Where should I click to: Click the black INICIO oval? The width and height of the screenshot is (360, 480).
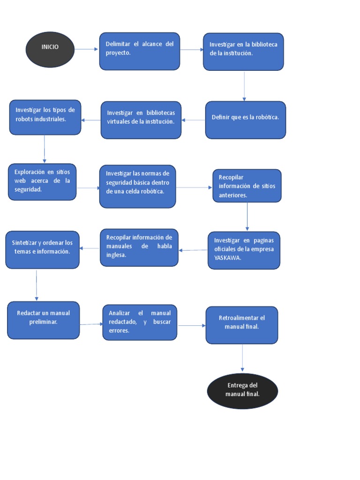tap(50, 49)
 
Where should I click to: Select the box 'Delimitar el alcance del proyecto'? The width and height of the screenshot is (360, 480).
tap(140, 51)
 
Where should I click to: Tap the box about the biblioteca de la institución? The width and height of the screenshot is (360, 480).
tap(243, 52)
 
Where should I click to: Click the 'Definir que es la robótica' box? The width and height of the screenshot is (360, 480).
tap(245, 120)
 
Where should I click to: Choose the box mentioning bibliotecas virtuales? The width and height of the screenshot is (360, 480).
tap(141, 120)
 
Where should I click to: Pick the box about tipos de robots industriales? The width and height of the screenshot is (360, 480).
tap(45, 117)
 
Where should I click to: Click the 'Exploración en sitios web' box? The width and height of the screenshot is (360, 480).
tap(42, 182)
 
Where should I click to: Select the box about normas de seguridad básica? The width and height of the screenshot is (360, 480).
tap(137, 186)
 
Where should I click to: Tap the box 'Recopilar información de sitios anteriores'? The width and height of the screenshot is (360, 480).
tap(247, 186)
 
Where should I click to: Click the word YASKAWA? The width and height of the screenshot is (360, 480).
tap(227, 258)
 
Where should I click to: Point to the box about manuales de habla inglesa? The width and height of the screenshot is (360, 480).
tap(139, 247)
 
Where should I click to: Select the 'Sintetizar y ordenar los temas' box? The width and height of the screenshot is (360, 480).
tap(42, 249)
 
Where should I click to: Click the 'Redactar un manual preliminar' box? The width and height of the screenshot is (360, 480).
tap(43, 320)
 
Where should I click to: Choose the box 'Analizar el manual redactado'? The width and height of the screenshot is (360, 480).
tap(140, 322)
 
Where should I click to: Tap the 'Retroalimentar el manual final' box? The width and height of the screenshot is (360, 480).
tap(242, 325)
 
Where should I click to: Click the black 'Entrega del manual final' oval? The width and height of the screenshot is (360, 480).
tap(242, 391)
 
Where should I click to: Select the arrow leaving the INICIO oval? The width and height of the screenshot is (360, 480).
tap(87, 49)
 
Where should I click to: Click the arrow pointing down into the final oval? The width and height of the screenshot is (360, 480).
tap(242, 359)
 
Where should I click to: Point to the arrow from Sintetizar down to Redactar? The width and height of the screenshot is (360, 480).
tap(37, 285)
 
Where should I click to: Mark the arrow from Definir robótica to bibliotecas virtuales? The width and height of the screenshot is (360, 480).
tap(193, 120)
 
